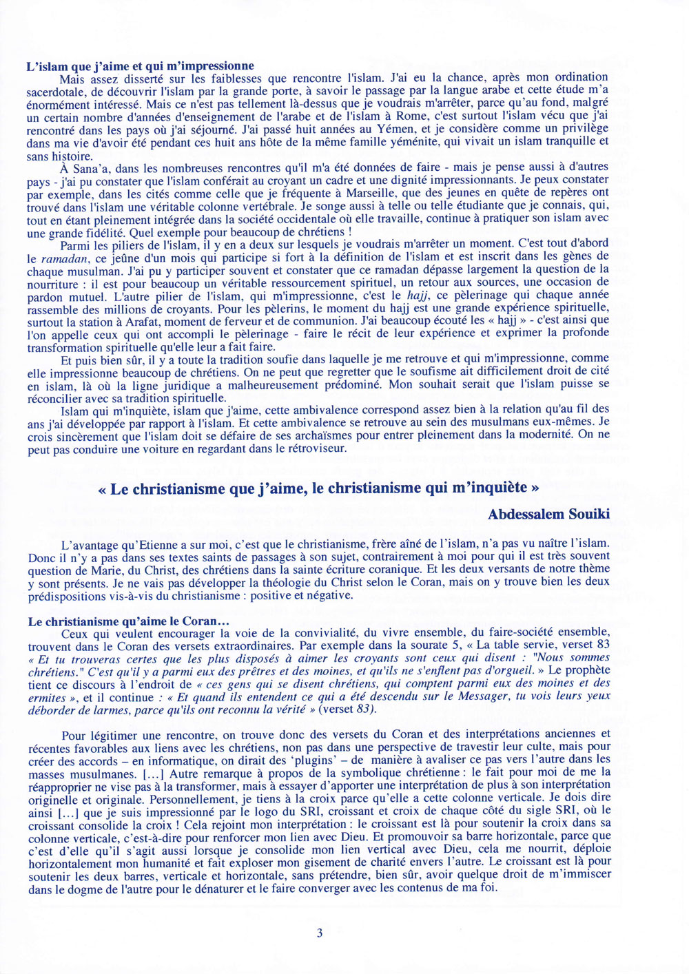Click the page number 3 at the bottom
(319, 933)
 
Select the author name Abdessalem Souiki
(548, 515)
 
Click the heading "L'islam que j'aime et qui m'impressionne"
(140, 66)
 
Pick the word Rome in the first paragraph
(405, 116)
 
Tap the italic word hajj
(418, 296)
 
